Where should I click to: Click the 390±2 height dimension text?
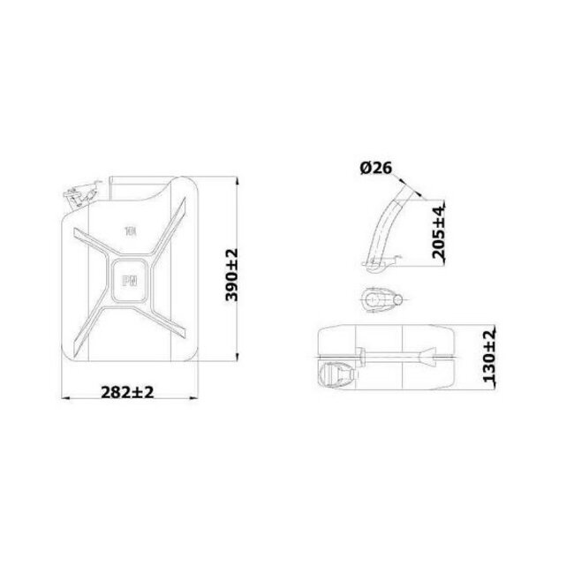[232, 275]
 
